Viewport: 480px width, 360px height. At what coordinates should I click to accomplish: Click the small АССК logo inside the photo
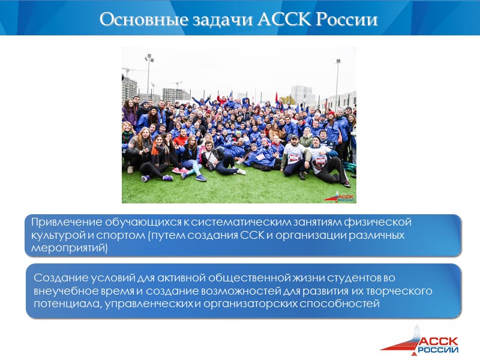click(x=341, y=196)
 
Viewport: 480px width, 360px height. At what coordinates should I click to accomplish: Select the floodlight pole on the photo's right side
click(x=338, y=78)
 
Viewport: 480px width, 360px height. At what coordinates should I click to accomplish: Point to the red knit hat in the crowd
click(x=330, y=114)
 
